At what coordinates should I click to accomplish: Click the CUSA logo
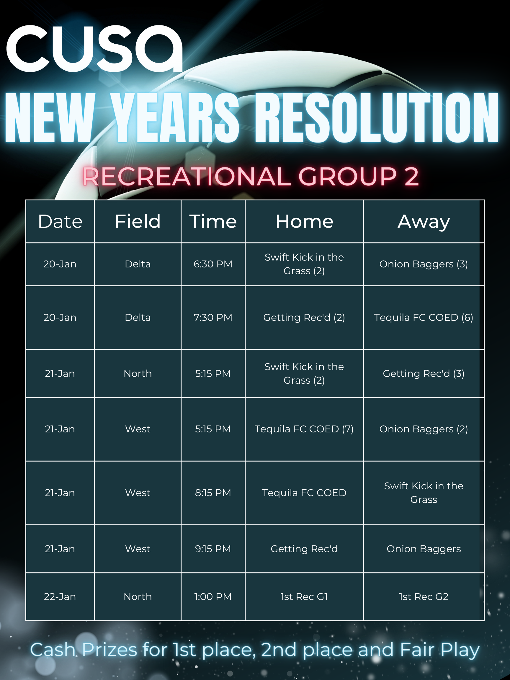(94, 48)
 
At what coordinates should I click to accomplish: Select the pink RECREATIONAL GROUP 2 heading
(251, 176)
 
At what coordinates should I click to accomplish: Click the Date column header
(60, 221)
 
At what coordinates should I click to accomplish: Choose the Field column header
(138, 221)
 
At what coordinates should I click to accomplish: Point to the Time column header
(213, 221)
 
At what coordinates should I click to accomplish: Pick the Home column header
(304, 221)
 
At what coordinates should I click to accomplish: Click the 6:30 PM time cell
(213, 264)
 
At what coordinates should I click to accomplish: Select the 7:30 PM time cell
(213, 318)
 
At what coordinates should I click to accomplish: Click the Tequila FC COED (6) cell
(424, 318)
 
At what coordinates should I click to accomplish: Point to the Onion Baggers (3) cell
(424, 264)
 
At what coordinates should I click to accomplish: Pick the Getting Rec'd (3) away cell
(424, 374)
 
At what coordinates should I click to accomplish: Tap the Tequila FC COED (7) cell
(304, 429)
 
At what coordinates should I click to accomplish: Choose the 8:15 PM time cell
(213, 493)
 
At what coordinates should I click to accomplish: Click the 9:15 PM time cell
(213, 549)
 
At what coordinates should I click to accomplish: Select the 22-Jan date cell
(60, 597)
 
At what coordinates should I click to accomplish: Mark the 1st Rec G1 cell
(304, 597)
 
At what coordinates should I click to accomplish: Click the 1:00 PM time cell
(213, 597)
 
